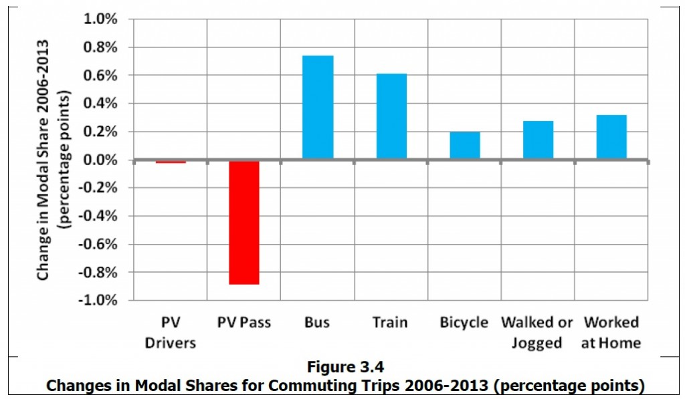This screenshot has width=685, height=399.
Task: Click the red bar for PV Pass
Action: pyautogui.click(x=244, y=223)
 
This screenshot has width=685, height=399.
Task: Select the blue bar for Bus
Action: pyautogui.click(x=318, y=108)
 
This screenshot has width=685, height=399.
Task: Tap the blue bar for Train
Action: pyautogui.click(x=391, y=117)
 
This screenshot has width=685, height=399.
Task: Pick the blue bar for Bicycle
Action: pyautogui.click(x=464, y=146)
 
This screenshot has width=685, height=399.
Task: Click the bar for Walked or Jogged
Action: pyautogui.click(x=538, y=140)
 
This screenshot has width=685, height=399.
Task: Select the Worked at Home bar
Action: pyautogui.click(x=611, y=138)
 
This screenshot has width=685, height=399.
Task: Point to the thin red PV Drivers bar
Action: pyautogui.click(x=171, y=162)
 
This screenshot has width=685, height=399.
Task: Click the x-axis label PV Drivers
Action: pyautogui.click(x=170, y=332)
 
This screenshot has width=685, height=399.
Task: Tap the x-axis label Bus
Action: pyautogui.click(x=317, y=322)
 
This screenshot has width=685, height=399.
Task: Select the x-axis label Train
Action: pyautogui.click(x=390, y=322)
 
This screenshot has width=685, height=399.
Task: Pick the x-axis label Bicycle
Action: pyautogui.click(x=464, y=322)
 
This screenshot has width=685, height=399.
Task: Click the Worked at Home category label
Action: pyautogui.click(x=611, y=332)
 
